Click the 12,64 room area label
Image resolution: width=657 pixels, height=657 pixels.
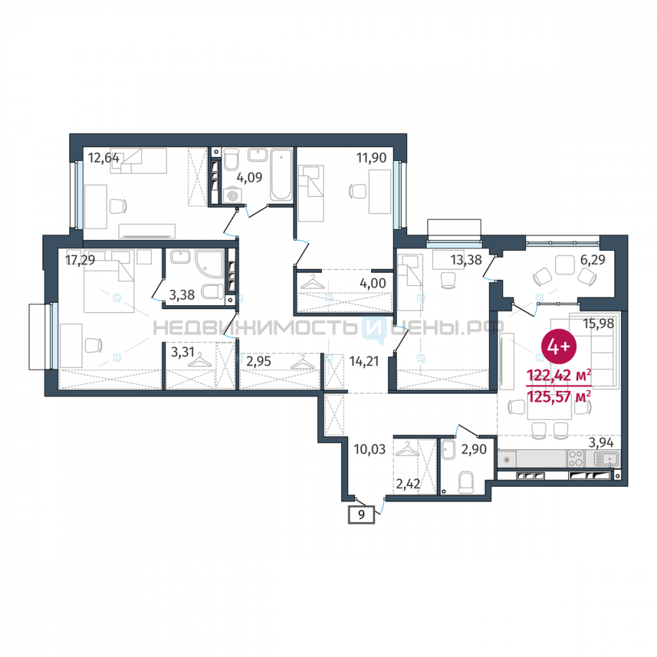pos(104,158)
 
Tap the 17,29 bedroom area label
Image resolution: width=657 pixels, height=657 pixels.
pos(80,260)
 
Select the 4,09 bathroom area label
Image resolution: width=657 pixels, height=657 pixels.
pos(249,177)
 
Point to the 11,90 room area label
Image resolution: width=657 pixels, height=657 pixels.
pos(371,158)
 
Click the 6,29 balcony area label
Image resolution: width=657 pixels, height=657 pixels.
pos(593,260)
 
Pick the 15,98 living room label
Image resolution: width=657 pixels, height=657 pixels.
pos(599,323)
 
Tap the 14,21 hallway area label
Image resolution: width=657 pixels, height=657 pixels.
pos(364,361)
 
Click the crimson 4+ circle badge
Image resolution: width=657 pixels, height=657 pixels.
pos(559,346)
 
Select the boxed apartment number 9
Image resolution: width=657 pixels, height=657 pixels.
pos(361,514)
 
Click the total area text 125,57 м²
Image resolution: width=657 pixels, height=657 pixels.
pos(559,396)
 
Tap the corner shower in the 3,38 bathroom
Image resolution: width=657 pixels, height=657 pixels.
pos(209,264)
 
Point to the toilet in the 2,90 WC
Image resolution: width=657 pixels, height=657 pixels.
pos(466,482)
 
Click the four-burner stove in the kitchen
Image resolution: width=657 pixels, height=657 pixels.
pos(576,459)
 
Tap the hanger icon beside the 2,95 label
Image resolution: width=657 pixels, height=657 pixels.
pos(302,363)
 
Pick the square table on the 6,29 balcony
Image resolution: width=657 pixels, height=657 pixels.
pos(564,264)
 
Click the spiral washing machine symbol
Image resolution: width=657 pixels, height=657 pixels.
pos(232,196)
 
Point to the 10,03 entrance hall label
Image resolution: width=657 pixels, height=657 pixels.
pos(369,449)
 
